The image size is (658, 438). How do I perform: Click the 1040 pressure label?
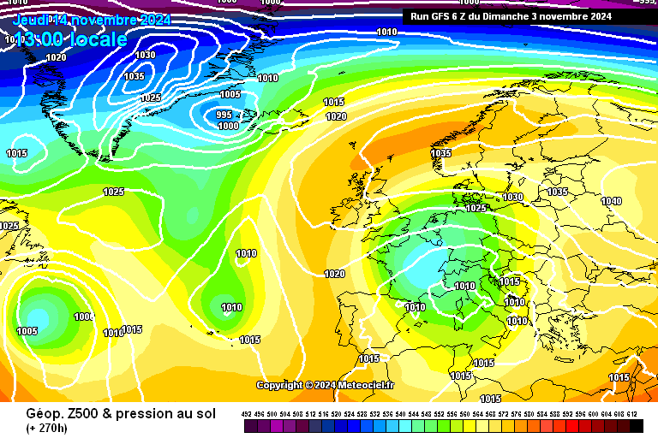pyautogui.click(x=611, y=201)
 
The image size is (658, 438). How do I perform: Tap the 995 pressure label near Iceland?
pyautogui.click(x=224, y=115)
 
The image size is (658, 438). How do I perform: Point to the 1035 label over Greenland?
pyautogui.click(x=134, y=76)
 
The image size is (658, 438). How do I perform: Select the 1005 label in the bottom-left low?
pyautogui.click(x=27, y=331)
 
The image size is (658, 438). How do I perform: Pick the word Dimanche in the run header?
pyautogui.click(x=511, y=15)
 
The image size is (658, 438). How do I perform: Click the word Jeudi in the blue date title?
pyautogui.click(x=32, y=20)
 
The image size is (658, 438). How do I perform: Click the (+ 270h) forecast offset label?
pyautogui.click(x=47, y=428)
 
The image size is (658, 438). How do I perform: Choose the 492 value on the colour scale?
pyautogui.click(x=248, y=414)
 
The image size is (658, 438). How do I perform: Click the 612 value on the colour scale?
pyautogui.click(x=632, y=414)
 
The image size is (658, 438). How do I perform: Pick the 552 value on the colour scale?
pyautogui.click(x=440, y=414)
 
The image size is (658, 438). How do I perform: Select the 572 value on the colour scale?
pyautogui.click(x=504, y=414)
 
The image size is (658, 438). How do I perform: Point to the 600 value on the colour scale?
pyautogui.click(x=594, y=414)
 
